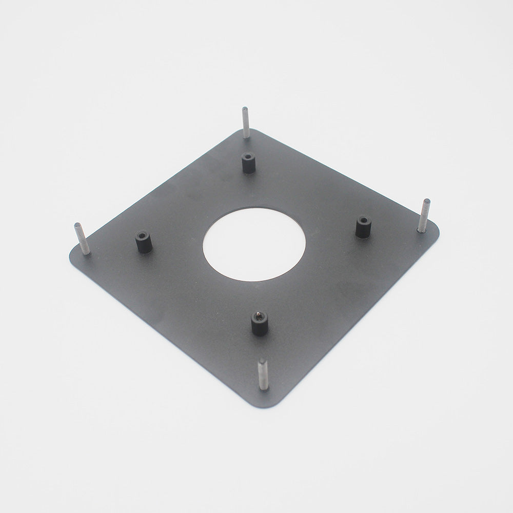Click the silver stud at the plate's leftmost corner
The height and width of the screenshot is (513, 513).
pyautogui.click(x=82, y=239)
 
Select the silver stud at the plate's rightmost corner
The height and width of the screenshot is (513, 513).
pyautogui.click(x=424, y=216)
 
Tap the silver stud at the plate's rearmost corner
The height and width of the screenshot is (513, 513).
pyautogui.click(x=246, y=123)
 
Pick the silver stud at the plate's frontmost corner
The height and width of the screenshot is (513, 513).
pyautogui.click(x=263, y=374)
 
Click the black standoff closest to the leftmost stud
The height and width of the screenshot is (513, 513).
pyautogui.click(x=143, y=242)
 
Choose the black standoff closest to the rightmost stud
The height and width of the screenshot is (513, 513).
pyautogui.click(x=363, y=227)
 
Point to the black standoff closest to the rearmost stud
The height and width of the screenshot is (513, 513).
pyautogui.click(x=248, y=164)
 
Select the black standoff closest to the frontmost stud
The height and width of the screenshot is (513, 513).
pyautogui.click(x=259, y=324)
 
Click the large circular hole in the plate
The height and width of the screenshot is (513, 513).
pyautogui.click(x=254, y=244)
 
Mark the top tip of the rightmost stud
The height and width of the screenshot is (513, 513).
pyautogui.click(x=427, y=201)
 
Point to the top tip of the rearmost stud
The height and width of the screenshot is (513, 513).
pyautogui.click(x=245, y=109)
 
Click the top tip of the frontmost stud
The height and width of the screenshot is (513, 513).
pyautogui.click(x=262, y=360)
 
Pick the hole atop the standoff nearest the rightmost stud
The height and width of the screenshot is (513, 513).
pyautogui.click(x=364, y=220)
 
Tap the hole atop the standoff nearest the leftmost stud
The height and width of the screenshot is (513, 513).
pyautogui.click(x=142, y=235)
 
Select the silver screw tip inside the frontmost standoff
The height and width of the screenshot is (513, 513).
pyautogui.click(x=259, y=315)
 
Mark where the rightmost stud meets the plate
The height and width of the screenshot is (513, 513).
pyautogui.click(x=421, y=230)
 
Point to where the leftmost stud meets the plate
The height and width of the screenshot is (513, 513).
pyautogui.click(x=86, y=252)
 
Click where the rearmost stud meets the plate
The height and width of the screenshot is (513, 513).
pyautogui.click(x=247, y=136)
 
